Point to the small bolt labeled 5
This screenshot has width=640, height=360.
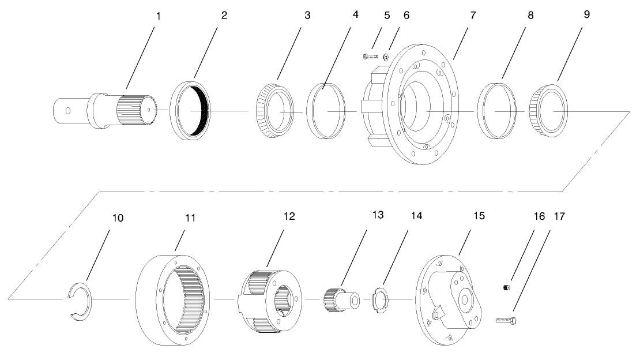click(370, 56)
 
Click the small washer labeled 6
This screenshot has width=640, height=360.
click(386, 57)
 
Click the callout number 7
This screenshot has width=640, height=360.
click(472, 16)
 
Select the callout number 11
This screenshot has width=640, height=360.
click(191, 217)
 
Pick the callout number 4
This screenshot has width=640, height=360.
click(355, 16)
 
